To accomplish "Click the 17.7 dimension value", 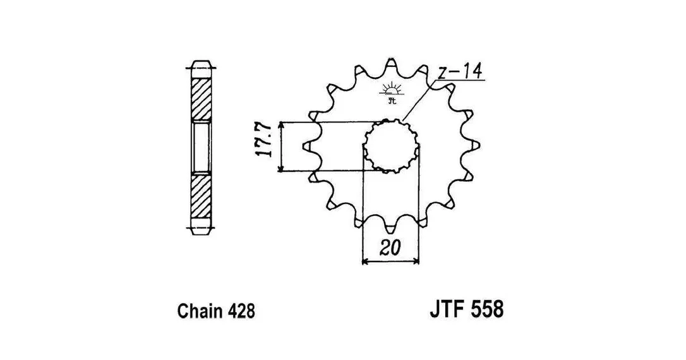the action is (x=265, y=140).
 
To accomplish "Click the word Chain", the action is (x=200, y=311).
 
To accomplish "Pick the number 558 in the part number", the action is (x=486, y=309).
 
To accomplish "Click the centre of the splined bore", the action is (x=390, y=146).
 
